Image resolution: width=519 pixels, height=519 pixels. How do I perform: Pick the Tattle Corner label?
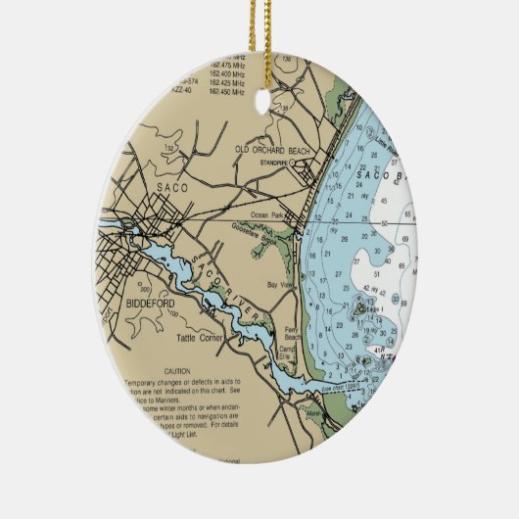tap(199, 339)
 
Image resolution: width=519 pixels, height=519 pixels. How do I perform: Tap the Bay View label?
tap(281, 285)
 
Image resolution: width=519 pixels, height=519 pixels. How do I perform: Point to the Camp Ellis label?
tap(288, 354)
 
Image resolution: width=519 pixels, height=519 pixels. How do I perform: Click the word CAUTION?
tap(176, 372)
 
